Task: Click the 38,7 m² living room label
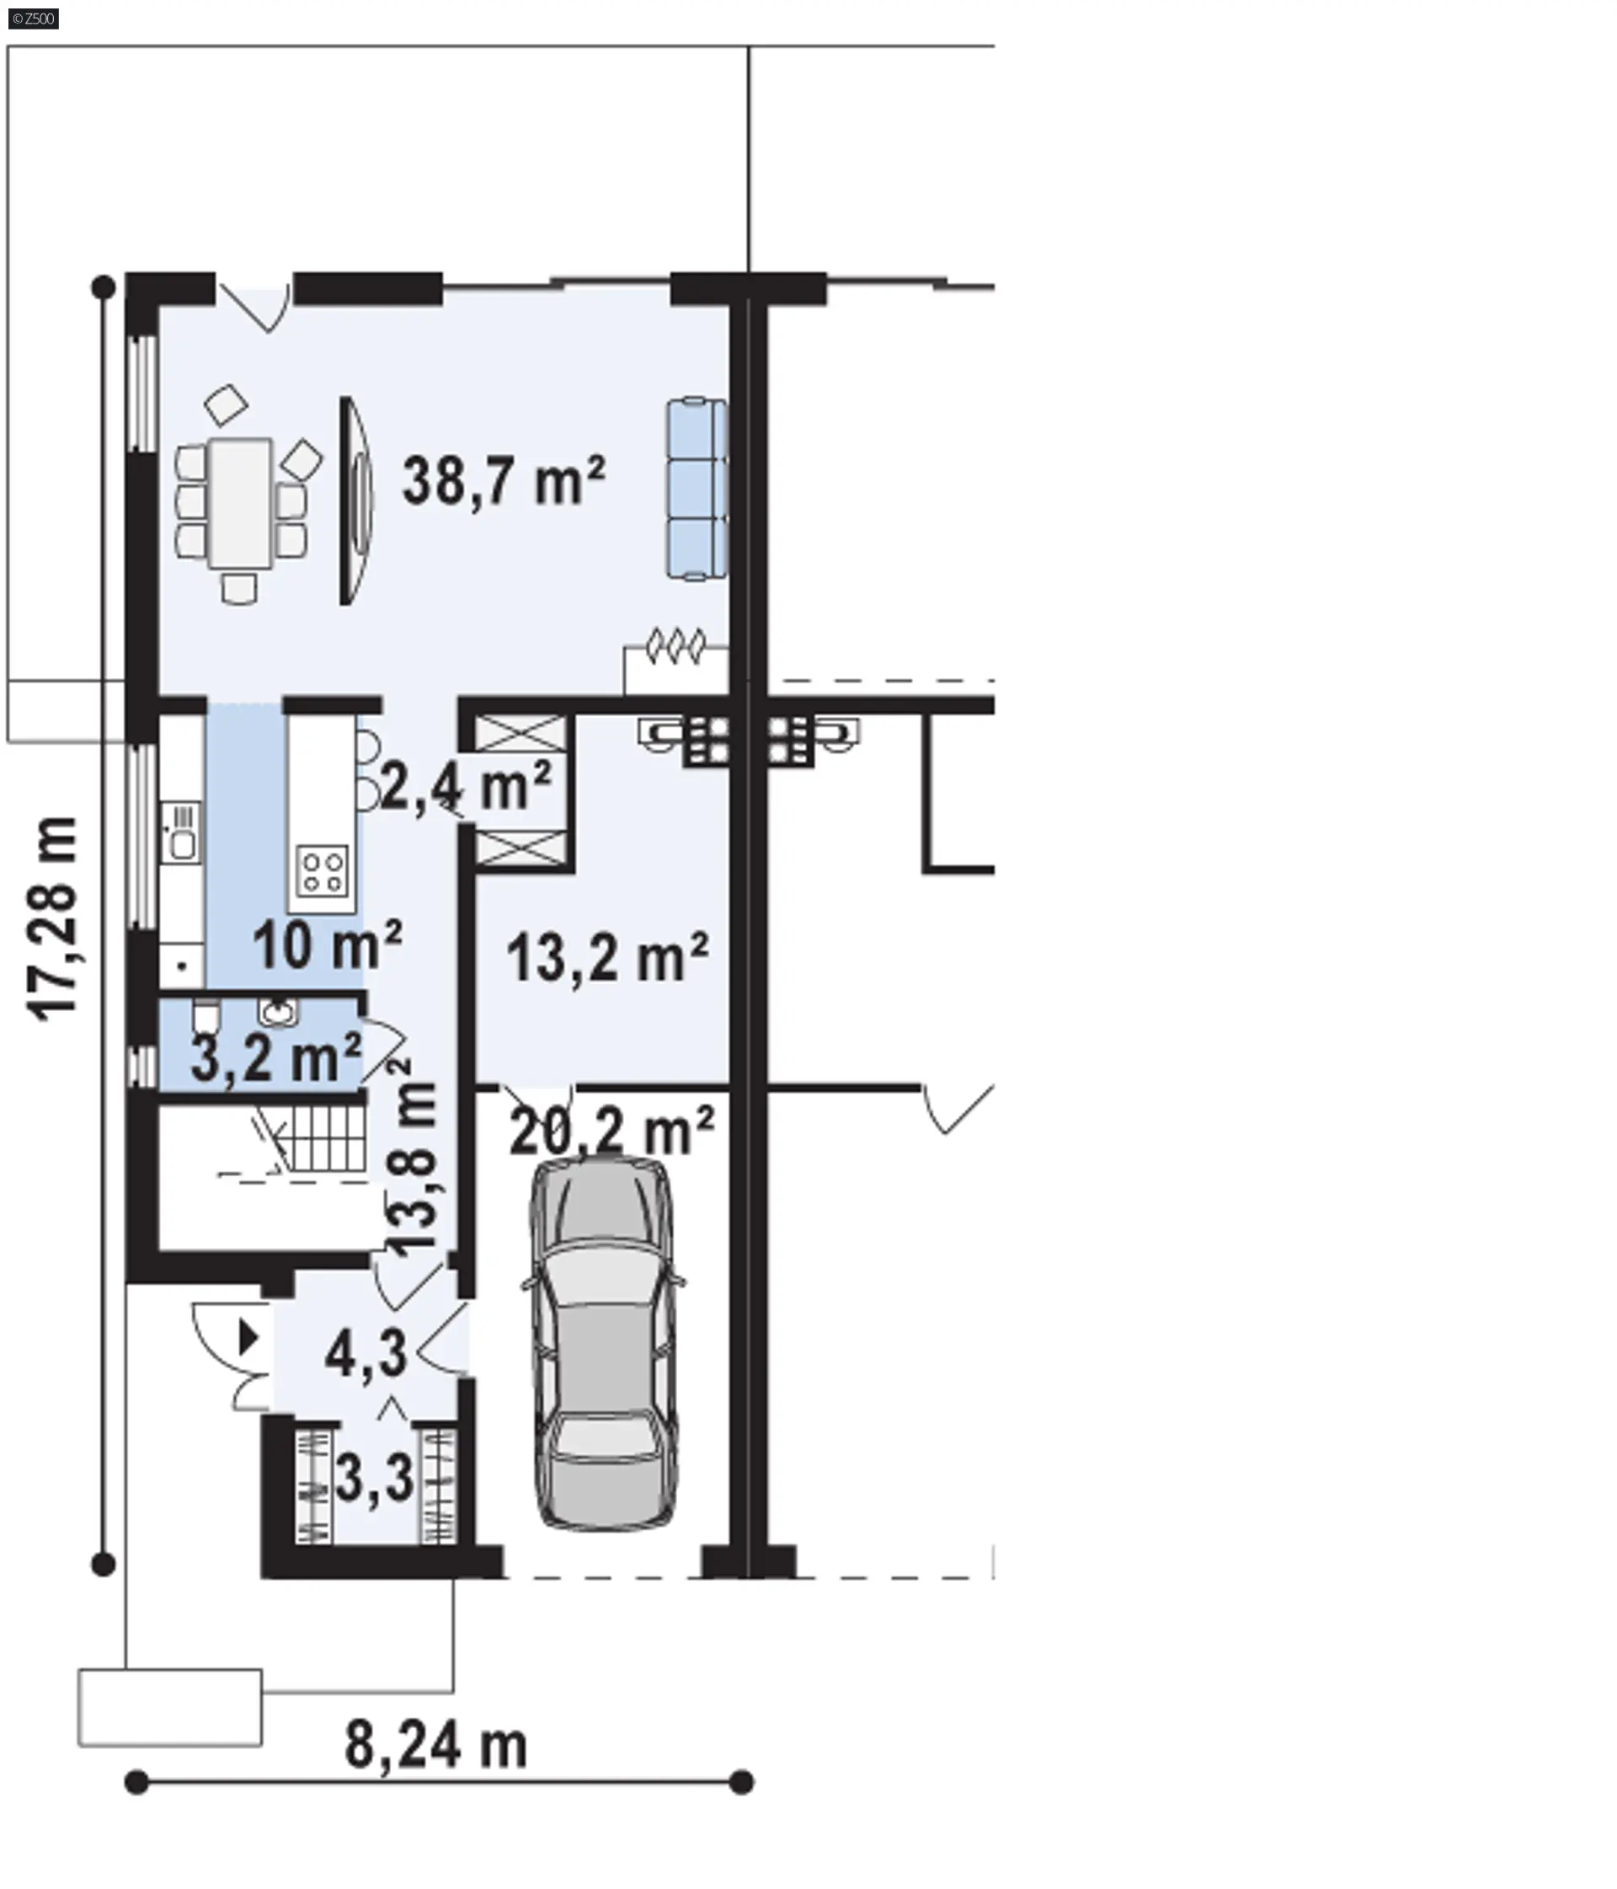(504, 480)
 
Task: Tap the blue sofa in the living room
(696, 489)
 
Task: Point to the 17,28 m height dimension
(52, 919)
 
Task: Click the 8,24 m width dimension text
(435, 1746)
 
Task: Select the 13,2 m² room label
(607, 957)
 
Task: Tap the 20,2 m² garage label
(611, 1131)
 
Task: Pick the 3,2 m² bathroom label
(276, 1057)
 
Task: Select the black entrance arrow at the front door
(248, 1338)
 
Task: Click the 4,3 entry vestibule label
(366, 1353)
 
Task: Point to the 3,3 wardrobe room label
(375, 1478)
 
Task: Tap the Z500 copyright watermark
(34, 19)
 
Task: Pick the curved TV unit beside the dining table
(356, 500)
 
